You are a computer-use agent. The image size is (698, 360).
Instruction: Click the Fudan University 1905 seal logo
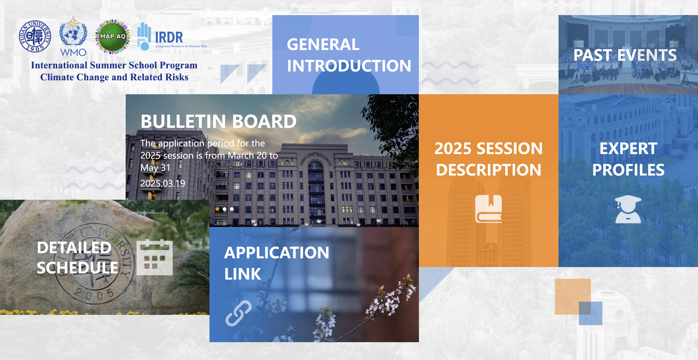[35, 36]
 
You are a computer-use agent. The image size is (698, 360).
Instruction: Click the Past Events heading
[625, 55]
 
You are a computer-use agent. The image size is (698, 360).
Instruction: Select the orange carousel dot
[217, 209]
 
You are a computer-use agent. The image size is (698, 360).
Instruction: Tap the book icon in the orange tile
[489, 209]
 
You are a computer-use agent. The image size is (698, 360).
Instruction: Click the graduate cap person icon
[628, 209]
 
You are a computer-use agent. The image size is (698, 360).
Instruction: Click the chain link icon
[238, 313]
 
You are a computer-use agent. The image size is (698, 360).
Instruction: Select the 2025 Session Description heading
[489, 159]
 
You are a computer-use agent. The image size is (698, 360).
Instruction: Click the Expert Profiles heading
[628, 159]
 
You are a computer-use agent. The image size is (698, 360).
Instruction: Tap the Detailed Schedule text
[77, 258]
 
